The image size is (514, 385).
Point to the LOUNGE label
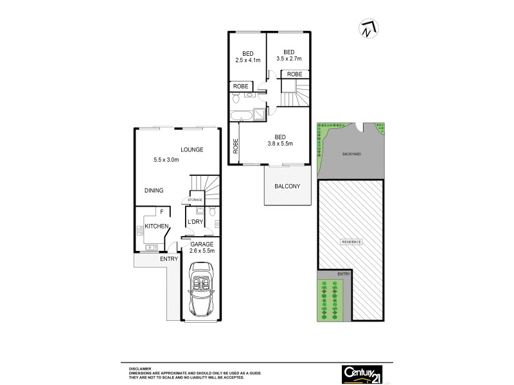(x=191, y=150)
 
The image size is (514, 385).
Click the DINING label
(x=154, y=190)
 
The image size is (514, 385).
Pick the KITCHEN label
(x=156, y=227)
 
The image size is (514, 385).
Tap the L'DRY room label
(x=195, y=223)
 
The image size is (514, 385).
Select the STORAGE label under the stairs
(x=195, y=200)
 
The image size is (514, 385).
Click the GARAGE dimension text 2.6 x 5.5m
(x=202, y=251)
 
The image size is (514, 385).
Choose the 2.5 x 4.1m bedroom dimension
(x=247, y=61)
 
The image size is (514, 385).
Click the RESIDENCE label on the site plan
(x=351, y=241)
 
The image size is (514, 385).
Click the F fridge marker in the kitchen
(x=162, y=212)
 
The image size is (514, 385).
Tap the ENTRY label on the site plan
(x=344, y=274)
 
